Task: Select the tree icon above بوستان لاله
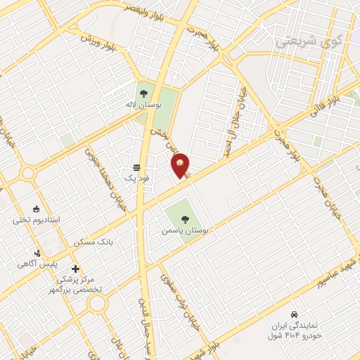point(143,92)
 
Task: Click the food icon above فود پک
point(136,168)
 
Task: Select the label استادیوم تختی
point(37,220)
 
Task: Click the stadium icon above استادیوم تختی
point(36,208)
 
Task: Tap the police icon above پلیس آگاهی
point(38,253)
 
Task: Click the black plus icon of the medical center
point(75,269)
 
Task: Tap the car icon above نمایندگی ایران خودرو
point(293,314)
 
